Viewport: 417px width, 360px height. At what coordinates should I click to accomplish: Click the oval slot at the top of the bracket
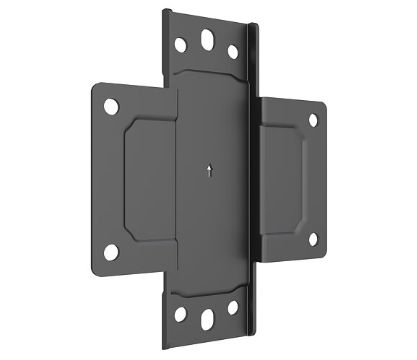207,41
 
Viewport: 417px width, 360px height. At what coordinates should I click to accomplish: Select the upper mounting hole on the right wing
312,119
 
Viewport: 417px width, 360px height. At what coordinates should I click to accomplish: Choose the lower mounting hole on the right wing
312,238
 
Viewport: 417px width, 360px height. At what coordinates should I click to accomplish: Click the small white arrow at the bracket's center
207,170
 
